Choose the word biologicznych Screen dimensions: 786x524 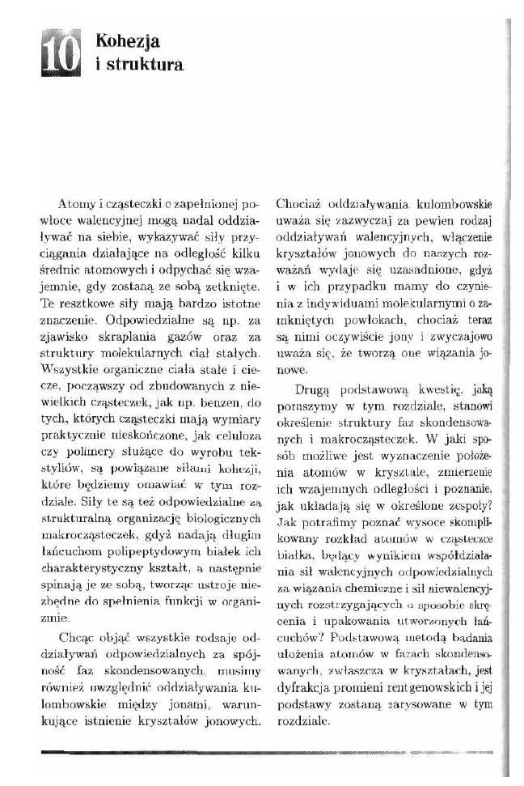tap(218, 501)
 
